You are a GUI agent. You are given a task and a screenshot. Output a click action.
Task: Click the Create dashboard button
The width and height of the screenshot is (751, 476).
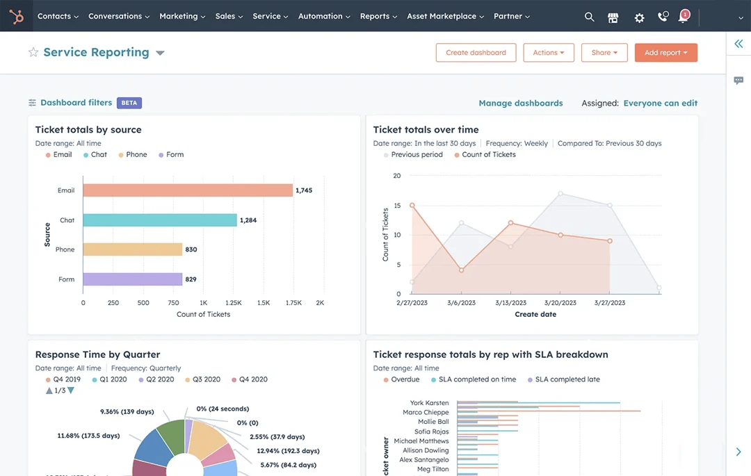tap(476, 53)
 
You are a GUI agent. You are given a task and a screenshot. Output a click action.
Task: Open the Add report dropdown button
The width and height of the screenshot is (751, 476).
tap(665, 53)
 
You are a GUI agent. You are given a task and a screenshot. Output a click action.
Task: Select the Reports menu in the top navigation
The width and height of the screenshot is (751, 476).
tap(378, 16)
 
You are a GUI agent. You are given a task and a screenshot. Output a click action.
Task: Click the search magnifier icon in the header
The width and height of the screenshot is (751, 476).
tap(589, 17)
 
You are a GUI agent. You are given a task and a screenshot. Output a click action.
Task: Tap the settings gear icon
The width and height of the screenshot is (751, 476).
tap(639, 18)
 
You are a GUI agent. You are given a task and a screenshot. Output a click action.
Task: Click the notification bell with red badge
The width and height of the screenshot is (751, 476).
tap(684, 17)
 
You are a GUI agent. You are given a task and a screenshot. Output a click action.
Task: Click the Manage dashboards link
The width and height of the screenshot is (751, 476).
tap(520, 103)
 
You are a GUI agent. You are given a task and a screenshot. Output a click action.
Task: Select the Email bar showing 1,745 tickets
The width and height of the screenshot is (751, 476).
tap(188, 190)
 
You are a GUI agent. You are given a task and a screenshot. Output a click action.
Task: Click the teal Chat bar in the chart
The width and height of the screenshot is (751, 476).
tap(160, 220)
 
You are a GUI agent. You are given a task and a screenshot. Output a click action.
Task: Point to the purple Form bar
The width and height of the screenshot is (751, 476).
tap(132, 279)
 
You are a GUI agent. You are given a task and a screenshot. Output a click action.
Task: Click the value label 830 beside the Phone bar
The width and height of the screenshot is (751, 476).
tap(191, 249)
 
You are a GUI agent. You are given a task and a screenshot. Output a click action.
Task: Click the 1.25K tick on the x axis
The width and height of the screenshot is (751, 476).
tap(234, 303)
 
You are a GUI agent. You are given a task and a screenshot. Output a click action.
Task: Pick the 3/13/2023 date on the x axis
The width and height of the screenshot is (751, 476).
tap(510, 303)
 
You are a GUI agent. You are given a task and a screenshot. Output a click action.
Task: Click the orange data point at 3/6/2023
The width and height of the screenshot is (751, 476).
tap(461, 270)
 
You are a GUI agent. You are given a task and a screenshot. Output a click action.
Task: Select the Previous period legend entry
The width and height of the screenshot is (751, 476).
tap(417, 155)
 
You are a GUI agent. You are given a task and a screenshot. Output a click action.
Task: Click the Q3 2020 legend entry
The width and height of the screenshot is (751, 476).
tap(207, 379)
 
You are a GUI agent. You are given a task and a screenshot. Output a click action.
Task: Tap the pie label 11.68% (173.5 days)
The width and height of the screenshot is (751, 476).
tap(88, 436)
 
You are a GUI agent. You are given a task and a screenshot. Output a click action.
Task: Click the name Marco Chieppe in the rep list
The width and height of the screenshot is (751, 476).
tap(426, 413)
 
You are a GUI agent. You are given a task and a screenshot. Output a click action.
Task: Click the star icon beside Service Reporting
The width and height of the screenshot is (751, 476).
tap(33, 53)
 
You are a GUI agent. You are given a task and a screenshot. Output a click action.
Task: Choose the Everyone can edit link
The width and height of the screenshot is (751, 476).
tap(660, 103)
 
